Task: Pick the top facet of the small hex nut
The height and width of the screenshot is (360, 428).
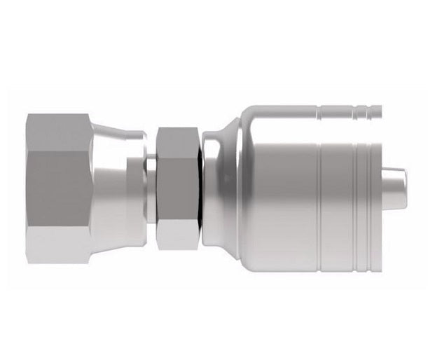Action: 178,141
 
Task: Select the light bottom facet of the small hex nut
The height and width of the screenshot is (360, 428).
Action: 178,235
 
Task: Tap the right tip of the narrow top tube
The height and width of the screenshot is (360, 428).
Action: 378,110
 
